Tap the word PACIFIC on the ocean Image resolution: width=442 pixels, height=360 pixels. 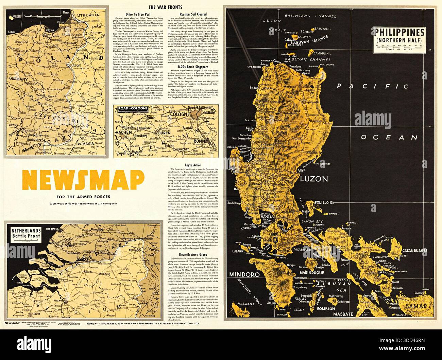368,86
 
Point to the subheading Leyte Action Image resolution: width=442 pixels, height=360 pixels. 193,165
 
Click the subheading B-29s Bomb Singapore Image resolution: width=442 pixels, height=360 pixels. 193,67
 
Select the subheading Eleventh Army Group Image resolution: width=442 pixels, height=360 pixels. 193,254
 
